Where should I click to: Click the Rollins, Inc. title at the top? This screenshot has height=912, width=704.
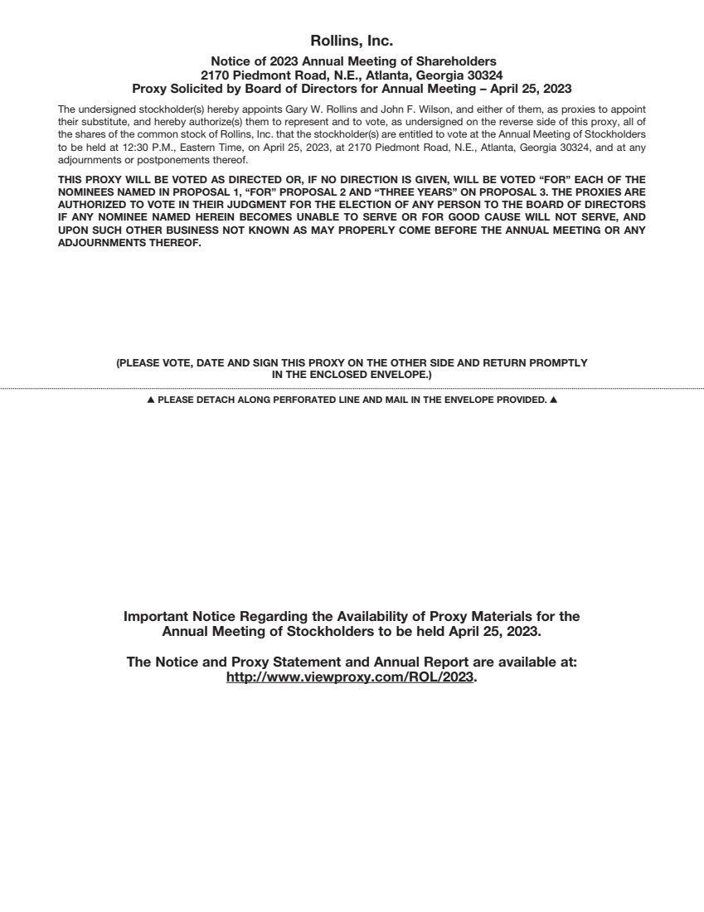(352, 41)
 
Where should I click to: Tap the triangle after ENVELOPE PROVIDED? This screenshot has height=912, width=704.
(553, 400)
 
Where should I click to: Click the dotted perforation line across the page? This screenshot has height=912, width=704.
(352, 388)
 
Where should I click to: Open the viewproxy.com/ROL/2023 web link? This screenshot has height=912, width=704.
(350, 677)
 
